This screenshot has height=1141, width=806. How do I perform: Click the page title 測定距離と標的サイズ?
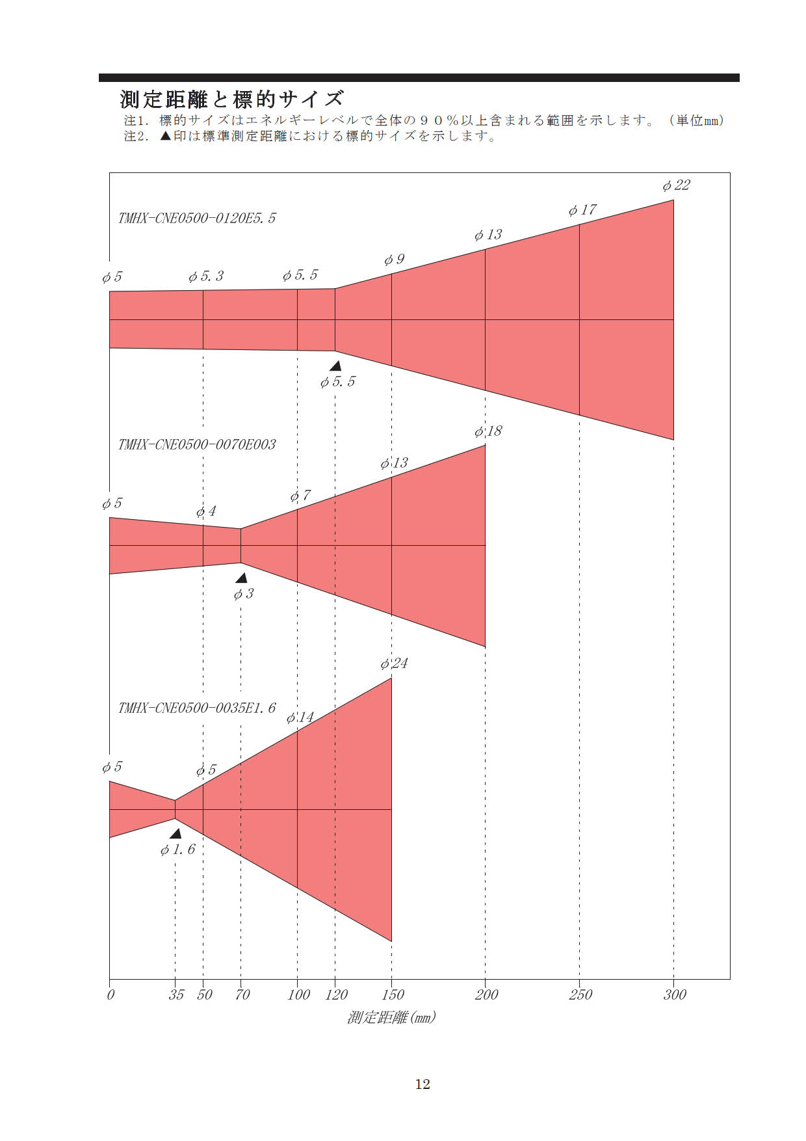click(231, 99)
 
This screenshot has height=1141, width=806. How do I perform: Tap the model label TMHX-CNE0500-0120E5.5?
click(197, 218)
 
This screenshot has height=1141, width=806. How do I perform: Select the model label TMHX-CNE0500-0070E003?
click(197, 444)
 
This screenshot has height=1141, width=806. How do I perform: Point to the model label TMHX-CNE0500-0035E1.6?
click(197, 708)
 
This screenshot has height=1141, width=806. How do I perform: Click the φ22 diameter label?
click(676, 185)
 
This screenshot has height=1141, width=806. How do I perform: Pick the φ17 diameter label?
click(582, 210)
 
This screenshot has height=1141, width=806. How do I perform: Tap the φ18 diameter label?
click(488, 431)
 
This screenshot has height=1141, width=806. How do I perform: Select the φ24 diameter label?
click(394, 664)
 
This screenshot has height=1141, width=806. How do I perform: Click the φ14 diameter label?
click(300, 718)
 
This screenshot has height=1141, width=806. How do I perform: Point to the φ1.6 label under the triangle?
click(177, 850)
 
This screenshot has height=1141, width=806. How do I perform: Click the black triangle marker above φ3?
click(241, 578)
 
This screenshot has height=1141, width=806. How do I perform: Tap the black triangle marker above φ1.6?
click(175, 833)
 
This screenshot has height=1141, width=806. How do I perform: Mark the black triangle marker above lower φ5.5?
click(335, 366)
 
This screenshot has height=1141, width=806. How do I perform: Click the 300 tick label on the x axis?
click(675, 995)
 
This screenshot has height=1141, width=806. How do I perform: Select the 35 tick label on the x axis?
click(176, 995)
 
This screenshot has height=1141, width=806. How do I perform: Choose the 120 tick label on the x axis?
click(336, 995)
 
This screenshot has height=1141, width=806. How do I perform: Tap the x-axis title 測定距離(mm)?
click(391, 1017)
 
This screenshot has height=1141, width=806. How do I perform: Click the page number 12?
click(422, 1084)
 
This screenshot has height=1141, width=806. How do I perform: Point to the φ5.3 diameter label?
click(206, 276)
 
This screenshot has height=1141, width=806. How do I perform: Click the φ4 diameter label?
click(206, 512)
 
